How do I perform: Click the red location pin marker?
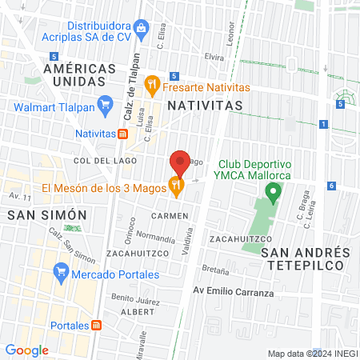(x=180, y=164)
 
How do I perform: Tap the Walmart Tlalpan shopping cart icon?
(x=104, y=103)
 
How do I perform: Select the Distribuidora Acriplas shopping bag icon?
(x=142, y=29)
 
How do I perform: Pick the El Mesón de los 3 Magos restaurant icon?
(x=176, y=187)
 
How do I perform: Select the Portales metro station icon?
(x=96, y=325)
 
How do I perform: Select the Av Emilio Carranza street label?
(x=234, y=293)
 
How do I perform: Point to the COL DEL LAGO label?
(x=102, y=161)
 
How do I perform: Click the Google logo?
(x=26, y=350)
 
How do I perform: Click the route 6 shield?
(x=331, y=186)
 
